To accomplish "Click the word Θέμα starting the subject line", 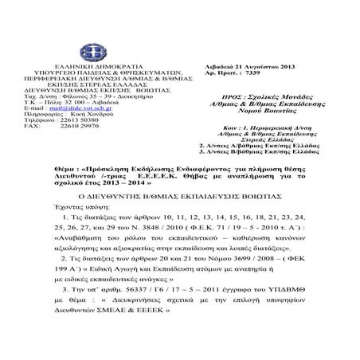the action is pyautogui.click(x=63, y=170).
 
